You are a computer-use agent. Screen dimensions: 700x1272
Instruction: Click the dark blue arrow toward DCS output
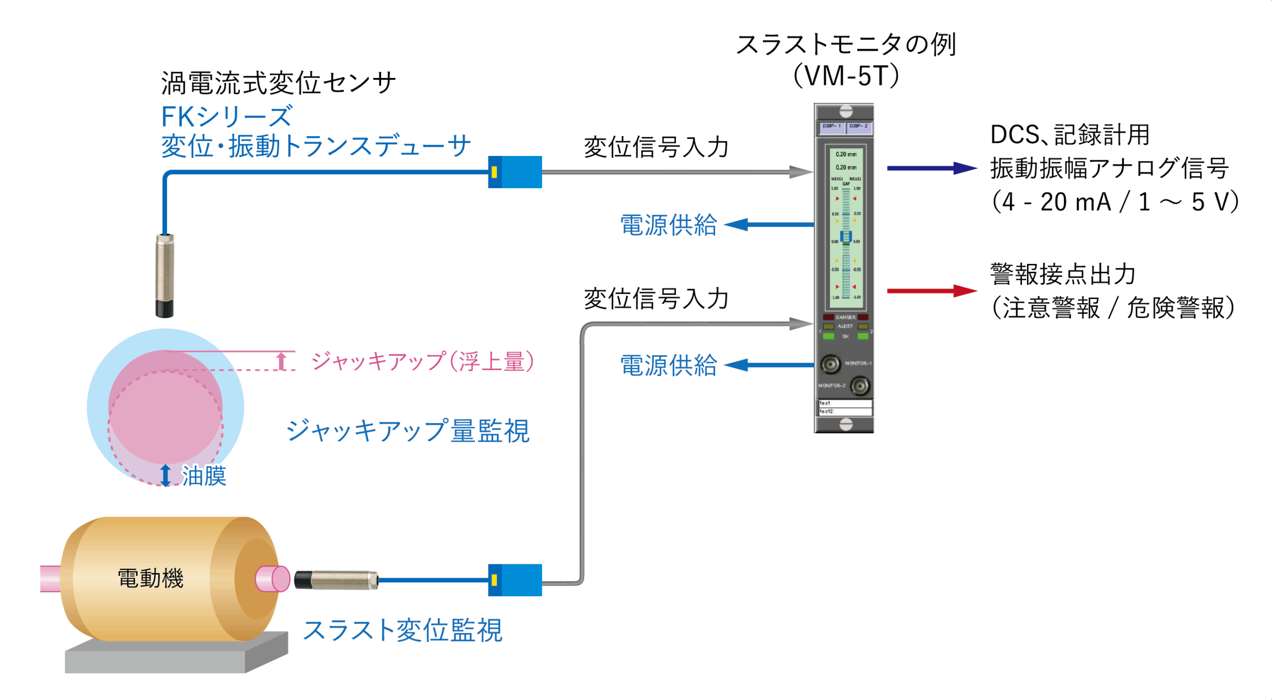(x=931, y=168)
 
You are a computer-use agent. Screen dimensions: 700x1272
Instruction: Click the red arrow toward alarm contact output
(x=931, y=291)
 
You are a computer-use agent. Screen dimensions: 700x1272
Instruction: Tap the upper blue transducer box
(x=515, y=172)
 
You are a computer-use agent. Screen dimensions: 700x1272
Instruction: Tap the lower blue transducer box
(x=515, y=580)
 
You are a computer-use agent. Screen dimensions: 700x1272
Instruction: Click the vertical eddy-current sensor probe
(x=164, y=276)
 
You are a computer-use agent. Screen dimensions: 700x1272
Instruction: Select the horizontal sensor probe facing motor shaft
(x=336, y=580)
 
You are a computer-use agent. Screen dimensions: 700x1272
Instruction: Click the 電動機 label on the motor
(x=151, y=578)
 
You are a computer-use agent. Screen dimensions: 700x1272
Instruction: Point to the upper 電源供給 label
(x=668, y=225)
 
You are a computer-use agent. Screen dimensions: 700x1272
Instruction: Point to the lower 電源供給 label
(x=668, y=365)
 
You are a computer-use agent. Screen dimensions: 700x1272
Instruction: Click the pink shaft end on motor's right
(x=273, y=579)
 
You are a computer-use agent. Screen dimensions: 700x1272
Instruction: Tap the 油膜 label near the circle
(x=204, y=475)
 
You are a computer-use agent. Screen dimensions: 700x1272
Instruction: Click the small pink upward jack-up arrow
(x=282, y=361)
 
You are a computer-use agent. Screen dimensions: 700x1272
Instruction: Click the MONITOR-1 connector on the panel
(x=830, y=364)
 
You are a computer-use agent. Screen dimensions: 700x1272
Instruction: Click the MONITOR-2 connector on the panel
(x=860, y=386)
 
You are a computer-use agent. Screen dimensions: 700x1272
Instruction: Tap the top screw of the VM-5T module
(x=846, y=111)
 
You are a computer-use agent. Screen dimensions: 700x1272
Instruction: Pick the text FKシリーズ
(x=227, y=117)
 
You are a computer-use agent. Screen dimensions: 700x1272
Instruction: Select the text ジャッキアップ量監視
(x=408, y=430)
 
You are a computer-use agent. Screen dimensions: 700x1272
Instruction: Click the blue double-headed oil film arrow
(x=165, y=475)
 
